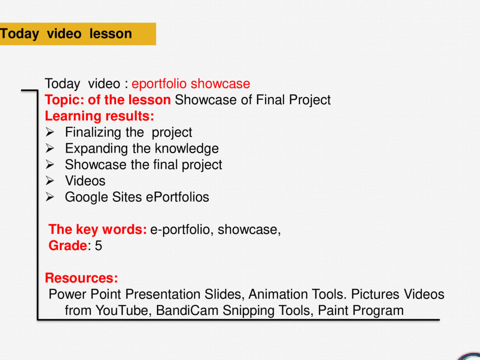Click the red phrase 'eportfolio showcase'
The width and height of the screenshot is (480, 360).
click(191, 84)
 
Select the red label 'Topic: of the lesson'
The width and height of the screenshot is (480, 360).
click(108, 100)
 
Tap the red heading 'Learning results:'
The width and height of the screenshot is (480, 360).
click(99, 116)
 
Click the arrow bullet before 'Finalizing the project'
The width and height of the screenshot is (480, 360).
click(50, 132)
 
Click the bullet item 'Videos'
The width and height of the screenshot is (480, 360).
click(85, 181)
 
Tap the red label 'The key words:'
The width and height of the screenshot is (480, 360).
click(97, 229)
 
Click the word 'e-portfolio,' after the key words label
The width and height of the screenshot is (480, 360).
click(182, 229)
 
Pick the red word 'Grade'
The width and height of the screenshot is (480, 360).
click(68, 246)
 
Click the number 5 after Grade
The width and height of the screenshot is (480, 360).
click(98, 246)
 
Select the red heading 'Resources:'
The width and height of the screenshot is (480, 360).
click(81, 278)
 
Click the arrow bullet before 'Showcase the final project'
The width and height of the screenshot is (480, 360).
click(50, 165)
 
